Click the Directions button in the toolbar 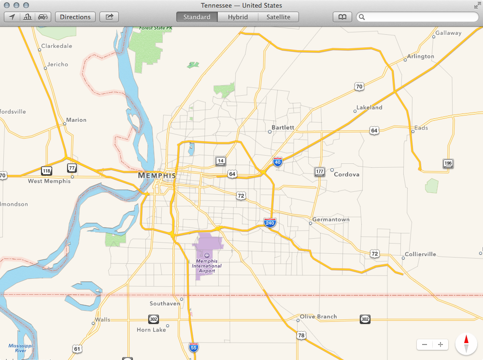pos(75,17)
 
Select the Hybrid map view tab pos(238,17)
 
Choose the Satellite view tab pos(278,17)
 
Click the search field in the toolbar pos(418,17)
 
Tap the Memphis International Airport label pos(207,265)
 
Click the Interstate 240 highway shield pos(270,223)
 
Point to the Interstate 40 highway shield pos(277,162)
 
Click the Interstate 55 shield pos(193,347)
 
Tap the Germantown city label pos(331,219)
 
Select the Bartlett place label pos(283,128)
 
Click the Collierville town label pos(420,254)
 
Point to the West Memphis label pos(49,181)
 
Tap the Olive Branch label pos(318,317)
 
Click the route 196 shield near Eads pos(448,164)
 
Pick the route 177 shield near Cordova pos(319,172)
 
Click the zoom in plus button pos(440,345)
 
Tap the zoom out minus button pos(425,345)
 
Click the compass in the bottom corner pos(466,344)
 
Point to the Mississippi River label pos(20,348)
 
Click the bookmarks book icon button pos(342,17)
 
